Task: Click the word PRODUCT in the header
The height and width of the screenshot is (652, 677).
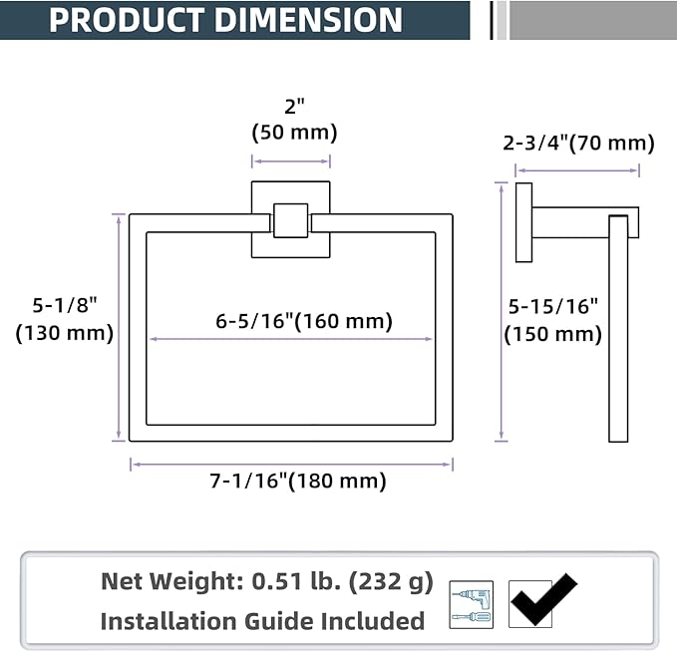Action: tap(126, 20)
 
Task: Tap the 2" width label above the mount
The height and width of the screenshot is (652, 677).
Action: tap(294, 107)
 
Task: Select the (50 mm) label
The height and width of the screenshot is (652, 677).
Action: tap(294, 133)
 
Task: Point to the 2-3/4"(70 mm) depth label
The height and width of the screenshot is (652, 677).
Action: tap(578, 143)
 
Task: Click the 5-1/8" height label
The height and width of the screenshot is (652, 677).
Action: tap(65, 305)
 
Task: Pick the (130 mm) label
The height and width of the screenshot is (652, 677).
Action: tap(65, 333)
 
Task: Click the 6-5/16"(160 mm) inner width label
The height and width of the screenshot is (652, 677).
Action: tap(304, 321)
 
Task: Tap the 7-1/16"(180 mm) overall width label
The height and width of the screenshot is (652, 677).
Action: tap(298, 481)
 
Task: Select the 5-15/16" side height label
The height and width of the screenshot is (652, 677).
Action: tap(553, 307)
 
